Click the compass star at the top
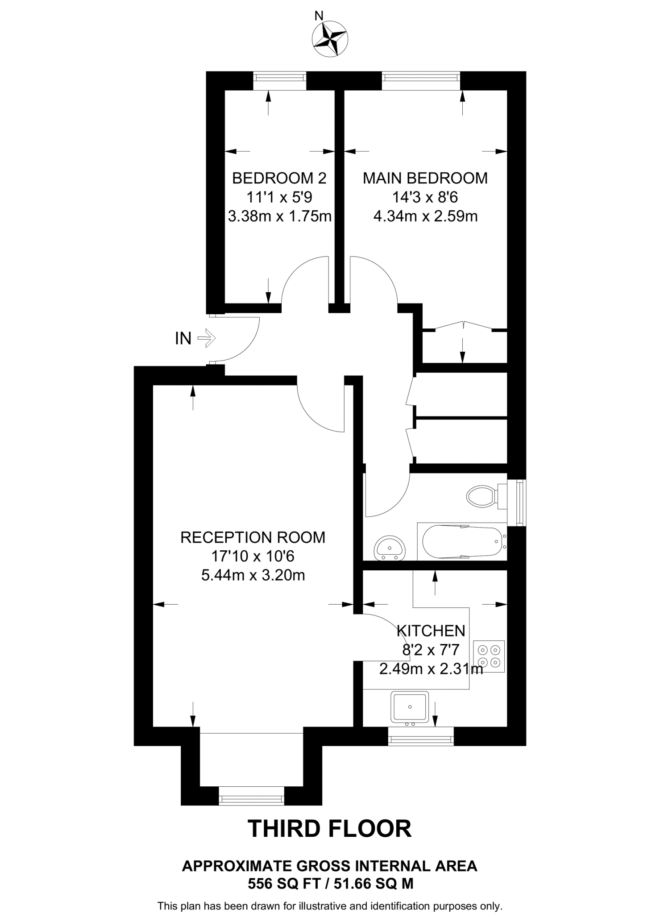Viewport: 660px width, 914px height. (x=331, y=39)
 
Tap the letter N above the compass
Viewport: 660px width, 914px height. (x=319, y=17)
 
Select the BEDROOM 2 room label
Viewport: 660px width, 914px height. (x=279, y=178)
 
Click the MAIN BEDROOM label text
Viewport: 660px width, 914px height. (x=425, y=178)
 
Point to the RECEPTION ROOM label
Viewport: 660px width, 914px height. (x=253, y=537)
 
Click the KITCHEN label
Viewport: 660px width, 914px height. (x=431, y=631)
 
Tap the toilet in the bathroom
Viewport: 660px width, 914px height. (x=483, y=496)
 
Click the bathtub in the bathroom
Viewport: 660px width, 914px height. (x=462, y=541)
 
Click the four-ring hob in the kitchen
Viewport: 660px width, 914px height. (x=490, y=656)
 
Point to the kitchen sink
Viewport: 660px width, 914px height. (x=410, y=707)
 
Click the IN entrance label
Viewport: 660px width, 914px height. (x=183, y=339)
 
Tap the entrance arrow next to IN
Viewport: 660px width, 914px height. (x=207, y=338)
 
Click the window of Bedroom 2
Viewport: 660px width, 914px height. (x=280, y=80)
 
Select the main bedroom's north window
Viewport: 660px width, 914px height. (x=421, y=80)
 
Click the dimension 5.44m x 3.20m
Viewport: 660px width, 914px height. (x=253, y=575)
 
